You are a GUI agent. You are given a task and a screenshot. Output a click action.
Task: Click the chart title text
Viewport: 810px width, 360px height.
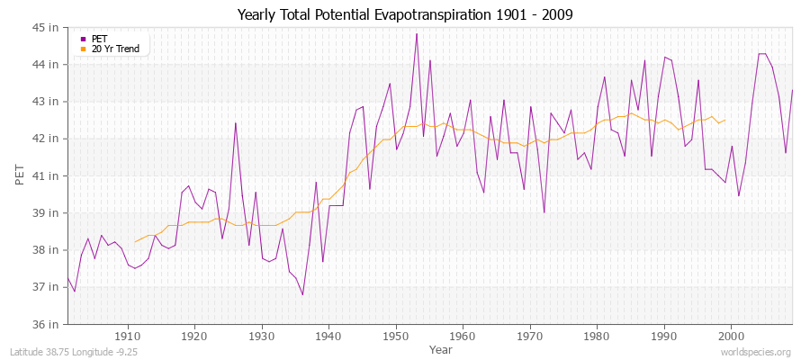[x=404, y=14]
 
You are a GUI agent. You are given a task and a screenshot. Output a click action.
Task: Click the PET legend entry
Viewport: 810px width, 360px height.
[x=99, y=39]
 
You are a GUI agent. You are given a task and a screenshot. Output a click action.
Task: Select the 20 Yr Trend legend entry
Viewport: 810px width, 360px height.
[x=115, y=49]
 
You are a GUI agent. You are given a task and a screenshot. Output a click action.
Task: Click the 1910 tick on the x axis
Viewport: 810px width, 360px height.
[x=127, y=336]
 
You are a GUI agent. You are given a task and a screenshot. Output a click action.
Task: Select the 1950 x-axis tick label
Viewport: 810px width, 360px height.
[x=395, y=336]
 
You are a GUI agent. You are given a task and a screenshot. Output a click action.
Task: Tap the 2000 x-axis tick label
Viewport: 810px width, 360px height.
[x=731, y=336]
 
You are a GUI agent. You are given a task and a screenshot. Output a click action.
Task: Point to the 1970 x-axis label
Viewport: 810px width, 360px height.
[x=529, y=336]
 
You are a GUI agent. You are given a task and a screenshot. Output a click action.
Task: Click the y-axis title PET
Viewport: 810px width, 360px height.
[x=21, y=175]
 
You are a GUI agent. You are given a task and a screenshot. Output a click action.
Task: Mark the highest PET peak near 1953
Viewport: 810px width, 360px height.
[x=416, y=34]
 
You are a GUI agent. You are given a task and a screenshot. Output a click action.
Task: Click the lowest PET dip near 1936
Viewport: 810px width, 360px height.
[x=302, y=294]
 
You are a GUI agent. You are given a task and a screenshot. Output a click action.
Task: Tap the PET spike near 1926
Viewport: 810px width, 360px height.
[x=235, y=123]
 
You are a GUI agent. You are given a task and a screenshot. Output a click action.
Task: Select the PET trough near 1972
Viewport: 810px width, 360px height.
[x=544, y=212]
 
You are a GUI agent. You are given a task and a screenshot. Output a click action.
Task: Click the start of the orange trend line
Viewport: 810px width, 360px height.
[x=135, y=242]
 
